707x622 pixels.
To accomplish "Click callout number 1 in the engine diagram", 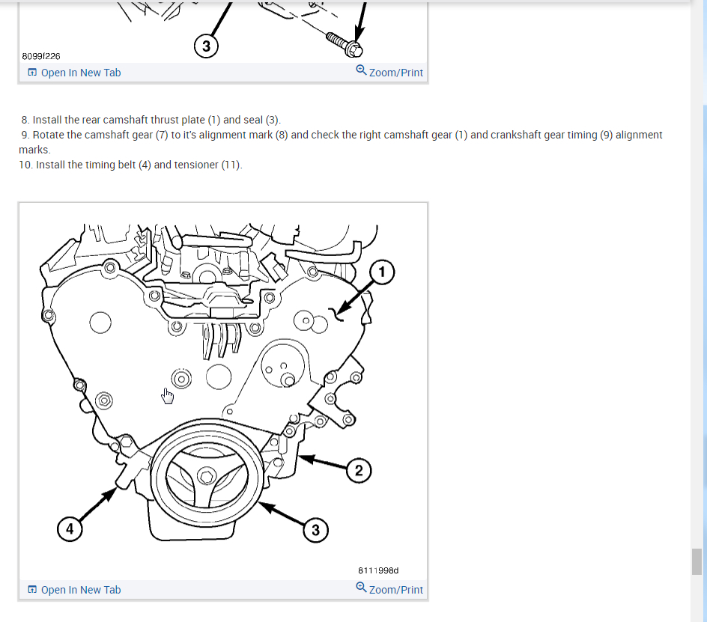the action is (382, 272).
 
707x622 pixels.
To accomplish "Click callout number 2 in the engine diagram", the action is (359, 470).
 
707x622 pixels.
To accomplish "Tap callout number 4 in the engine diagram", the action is (69, 529).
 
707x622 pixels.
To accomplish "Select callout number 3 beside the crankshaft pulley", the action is (315, 530).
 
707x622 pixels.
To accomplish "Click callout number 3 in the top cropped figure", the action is (206, 46).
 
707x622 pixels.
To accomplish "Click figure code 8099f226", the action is (41, 55).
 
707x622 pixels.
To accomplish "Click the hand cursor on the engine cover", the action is (168, 395).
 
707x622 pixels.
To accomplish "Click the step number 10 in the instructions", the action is (25, 165).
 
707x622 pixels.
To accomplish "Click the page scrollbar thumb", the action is (697, 561).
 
